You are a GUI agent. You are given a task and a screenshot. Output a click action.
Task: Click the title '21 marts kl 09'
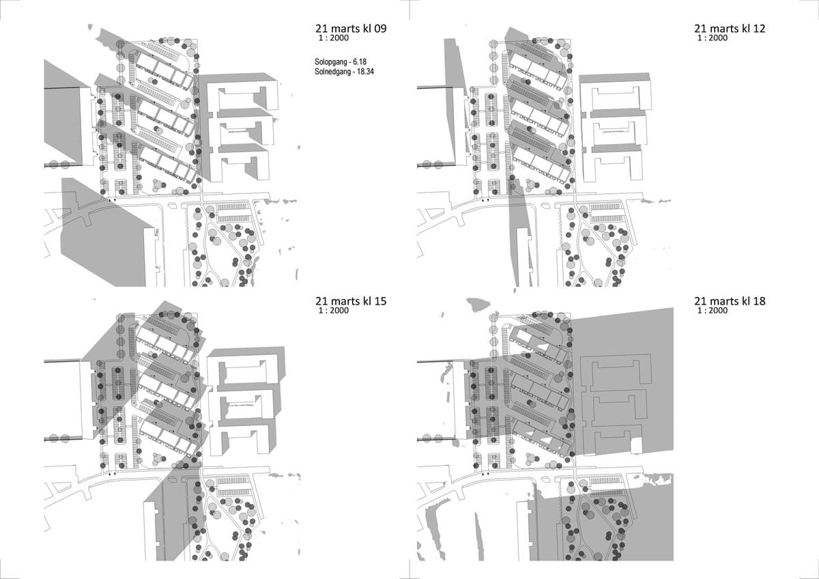(x=351, y=29)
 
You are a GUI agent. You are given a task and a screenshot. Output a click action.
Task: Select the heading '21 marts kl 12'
(x=730, y=29)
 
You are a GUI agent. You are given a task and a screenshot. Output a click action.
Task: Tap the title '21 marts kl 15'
(x=351, y=301)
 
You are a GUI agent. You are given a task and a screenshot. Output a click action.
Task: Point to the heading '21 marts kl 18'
(x=730, y=301)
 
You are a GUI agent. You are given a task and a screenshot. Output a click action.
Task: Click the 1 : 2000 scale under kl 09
(x=334, y=38)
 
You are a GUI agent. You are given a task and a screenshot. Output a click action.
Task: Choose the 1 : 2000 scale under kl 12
(x=713, y=38)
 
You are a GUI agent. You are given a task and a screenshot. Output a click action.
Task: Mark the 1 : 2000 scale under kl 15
(x=334, y=311)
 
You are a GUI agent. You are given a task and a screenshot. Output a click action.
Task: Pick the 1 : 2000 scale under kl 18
(x=713, y=311)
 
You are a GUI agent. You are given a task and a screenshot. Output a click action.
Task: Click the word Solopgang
(x=330, y=62)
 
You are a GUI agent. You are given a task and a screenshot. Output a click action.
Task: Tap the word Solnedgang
(x=332, y=72)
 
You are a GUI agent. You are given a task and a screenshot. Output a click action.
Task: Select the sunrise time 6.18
(x=360, y=62)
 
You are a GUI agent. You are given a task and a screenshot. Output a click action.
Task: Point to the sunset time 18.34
(x=365, y=72)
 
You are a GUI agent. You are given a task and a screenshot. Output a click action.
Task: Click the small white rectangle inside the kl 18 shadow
(x=637, y=446)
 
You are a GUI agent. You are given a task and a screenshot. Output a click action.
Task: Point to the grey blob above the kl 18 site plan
(x=478, y=305)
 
